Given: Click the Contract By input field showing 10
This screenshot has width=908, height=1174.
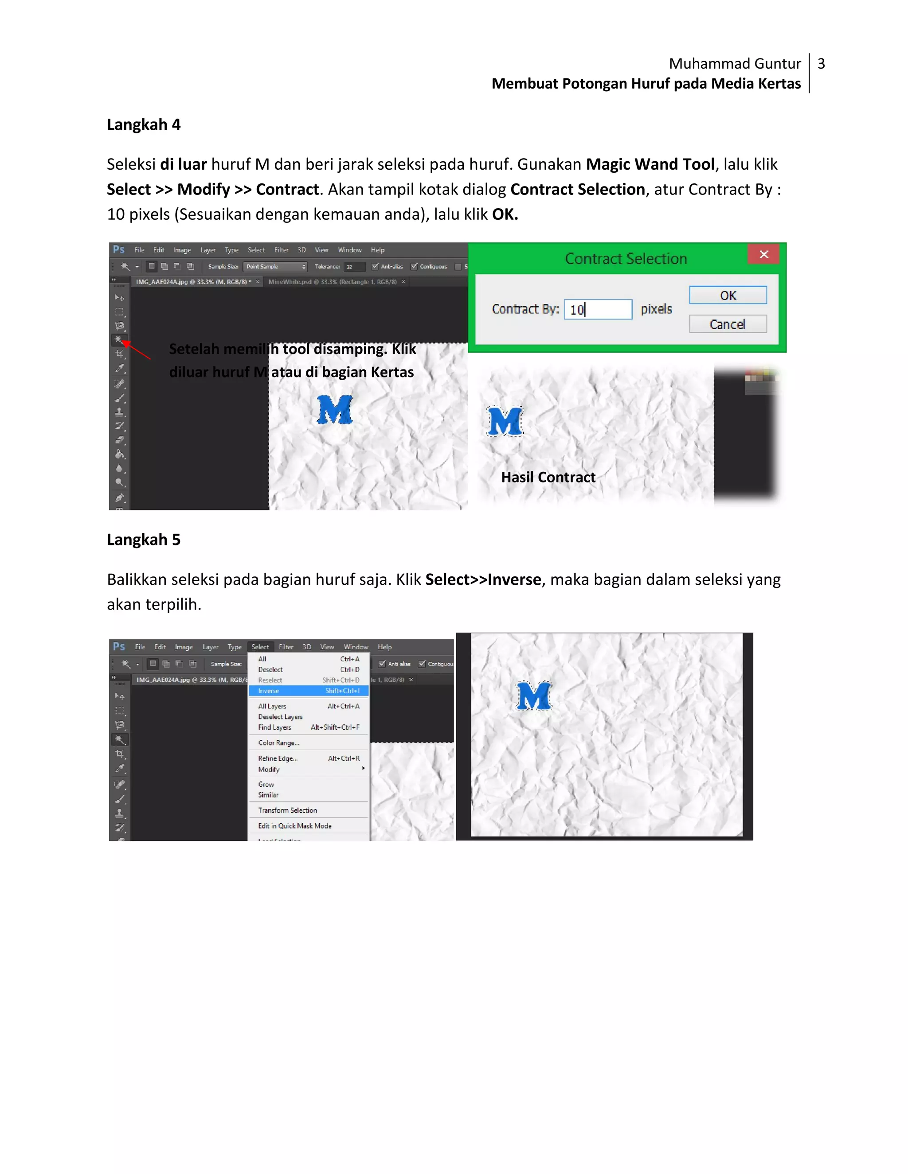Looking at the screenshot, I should tap(598, 310).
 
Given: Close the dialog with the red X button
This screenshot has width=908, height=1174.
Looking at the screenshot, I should tap(763, 254).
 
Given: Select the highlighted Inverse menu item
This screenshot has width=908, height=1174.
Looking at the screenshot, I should tap(308, 691).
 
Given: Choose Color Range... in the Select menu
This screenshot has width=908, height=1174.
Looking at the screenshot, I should tap(278, 743).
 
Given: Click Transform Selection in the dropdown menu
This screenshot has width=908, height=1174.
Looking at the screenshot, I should tap(288, 810).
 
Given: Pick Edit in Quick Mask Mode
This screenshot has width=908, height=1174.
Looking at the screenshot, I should tap(295, 826).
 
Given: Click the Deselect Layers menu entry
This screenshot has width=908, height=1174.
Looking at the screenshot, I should tap(280, 716).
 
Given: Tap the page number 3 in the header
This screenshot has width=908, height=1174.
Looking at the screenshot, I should tap(821, 64).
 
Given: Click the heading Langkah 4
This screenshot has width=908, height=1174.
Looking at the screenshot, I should tap(144, 125).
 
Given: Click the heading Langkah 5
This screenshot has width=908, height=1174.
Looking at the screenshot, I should tap(144, 540).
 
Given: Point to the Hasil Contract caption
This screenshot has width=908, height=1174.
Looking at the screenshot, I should tap(548, 477).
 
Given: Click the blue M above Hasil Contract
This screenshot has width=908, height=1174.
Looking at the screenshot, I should tap(505, 421).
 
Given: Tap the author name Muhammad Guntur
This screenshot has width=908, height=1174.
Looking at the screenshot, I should tap(734, 64).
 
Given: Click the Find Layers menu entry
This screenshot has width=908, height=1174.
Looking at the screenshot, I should tap(275, 727).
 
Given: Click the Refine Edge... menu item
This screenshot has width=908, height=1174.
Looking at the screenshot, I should tap(278, 758).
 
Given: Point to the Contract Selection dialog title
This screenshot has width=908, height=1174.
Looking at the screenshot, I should tap(626, 259).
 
